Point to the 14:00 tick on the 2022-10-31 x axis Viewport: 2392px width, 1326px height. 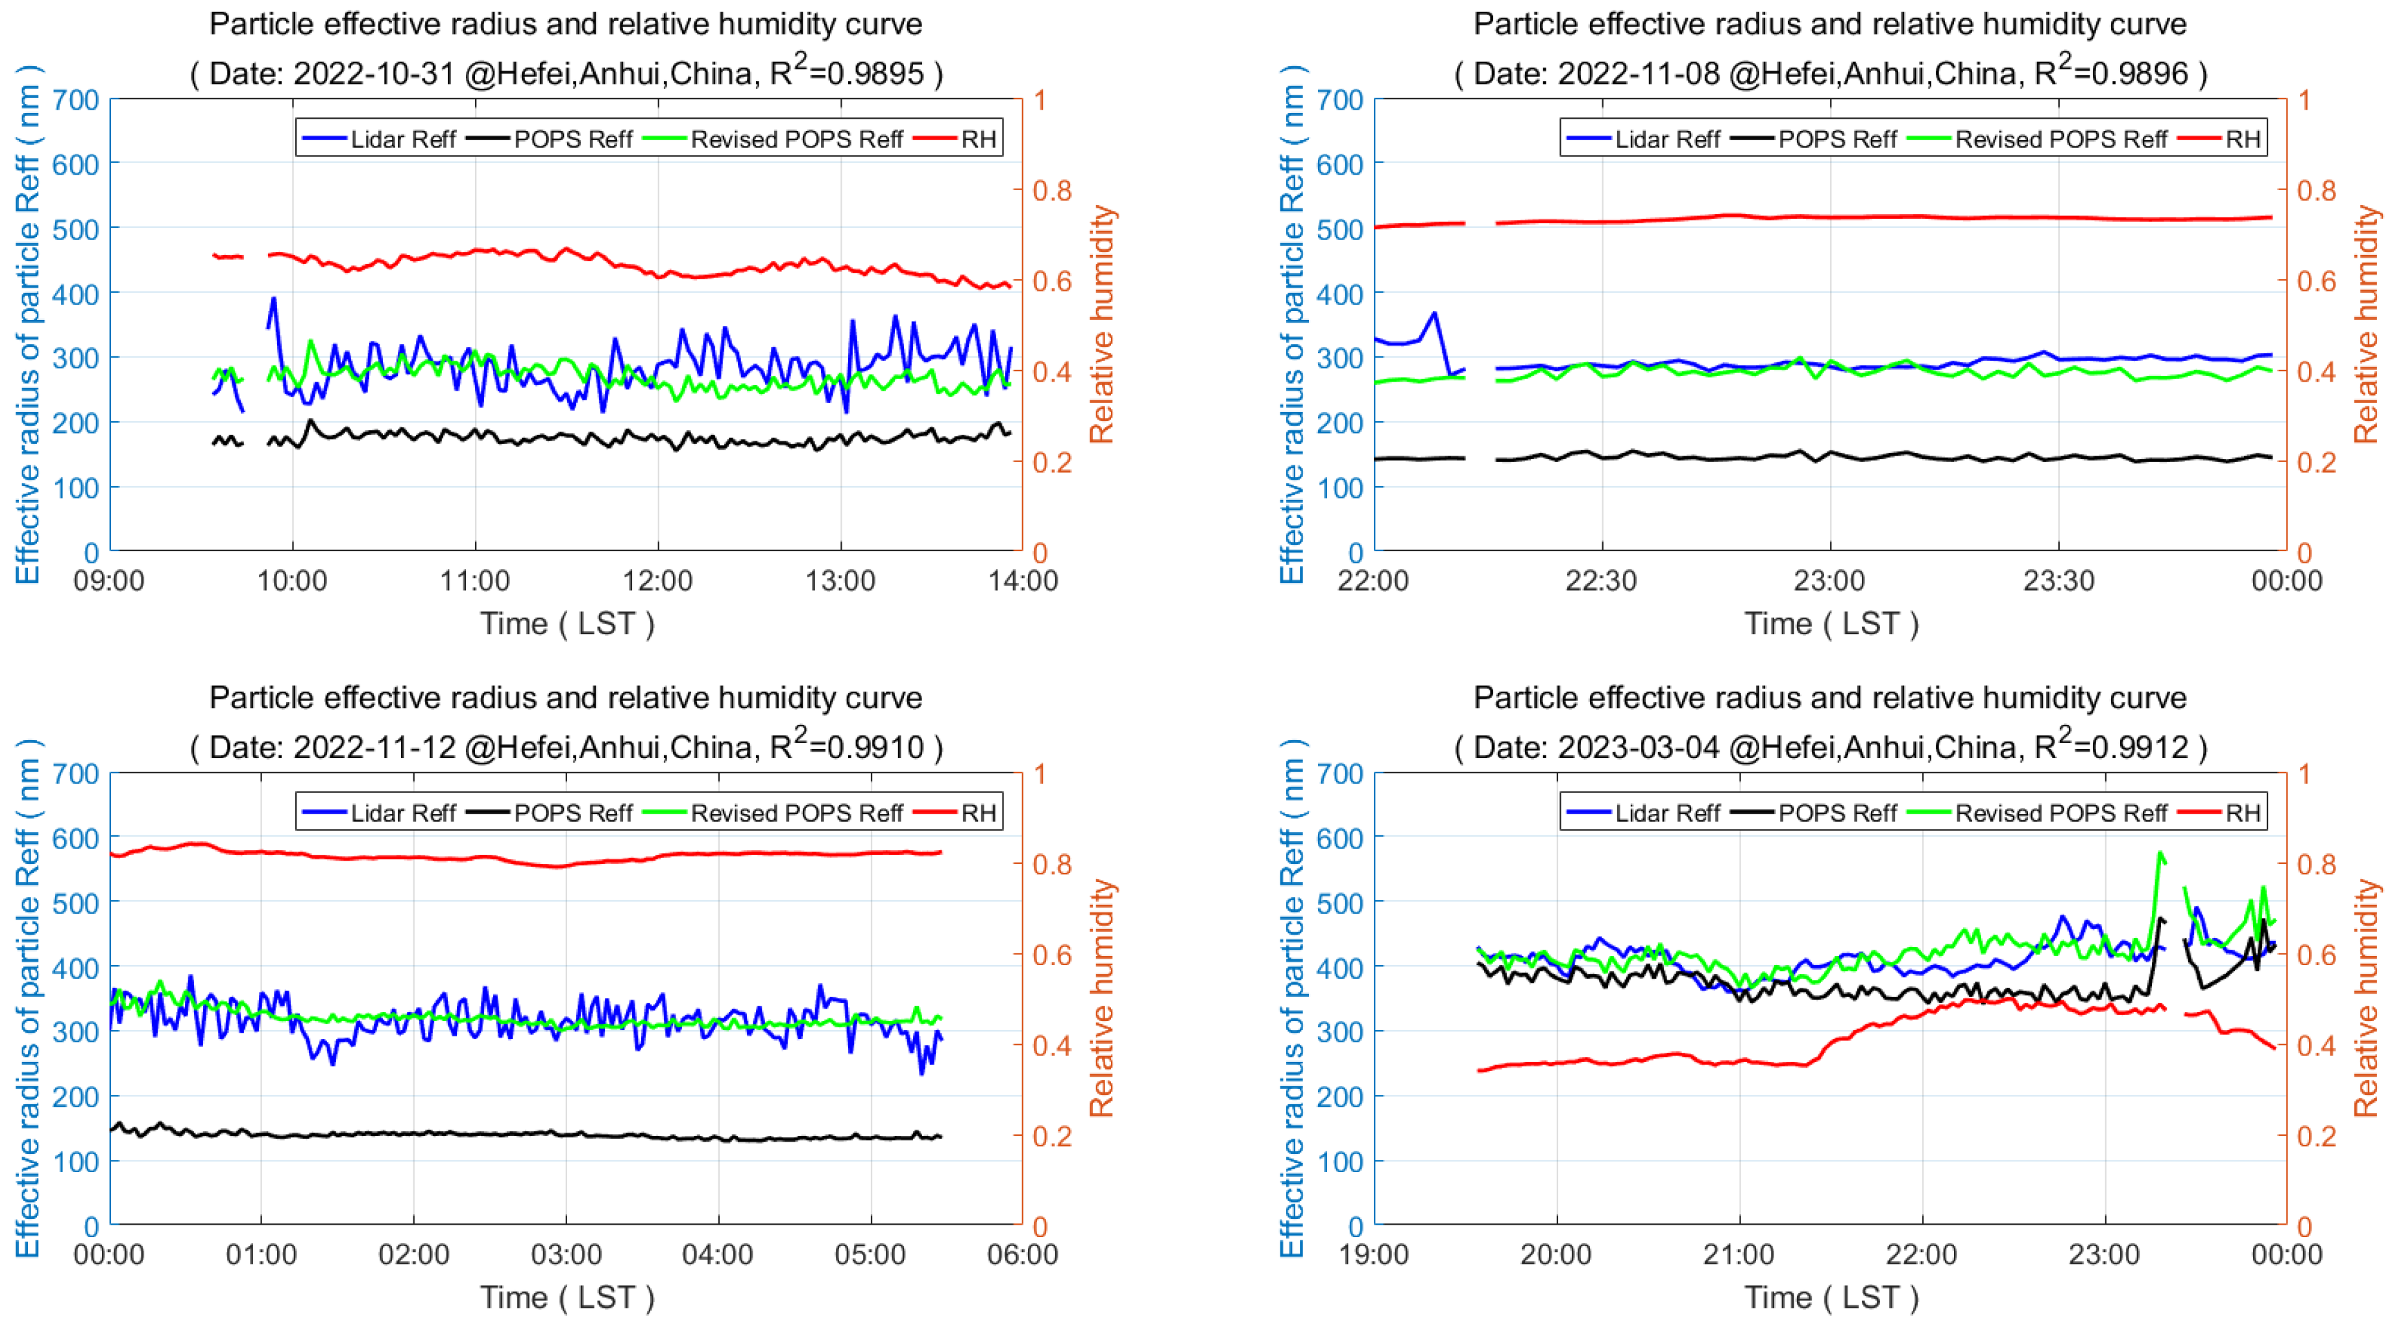click(x=1022, y=582)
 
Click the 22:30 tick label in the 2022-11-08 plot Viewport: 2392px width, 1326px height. click(x=1601, y=582)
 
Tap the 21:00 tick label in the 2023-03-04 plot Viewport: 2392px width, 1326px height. click(x=1739, y=1255)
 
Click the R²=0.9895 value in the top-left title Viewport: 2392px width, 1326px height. click(x=847, y=73)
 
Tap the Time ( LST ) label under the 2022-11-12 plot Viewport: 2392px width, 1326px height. click(x=567, y=1297)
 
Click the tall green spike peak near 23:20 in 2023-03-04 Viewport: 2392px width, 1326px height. click(x=2161, y=852)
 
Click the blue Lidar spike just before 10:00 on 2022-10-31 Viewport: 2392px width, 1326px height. click(x=273, y=299)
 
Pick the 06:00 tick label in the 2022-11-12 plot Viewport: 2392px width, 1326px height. click(x=1022, y=1255)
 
